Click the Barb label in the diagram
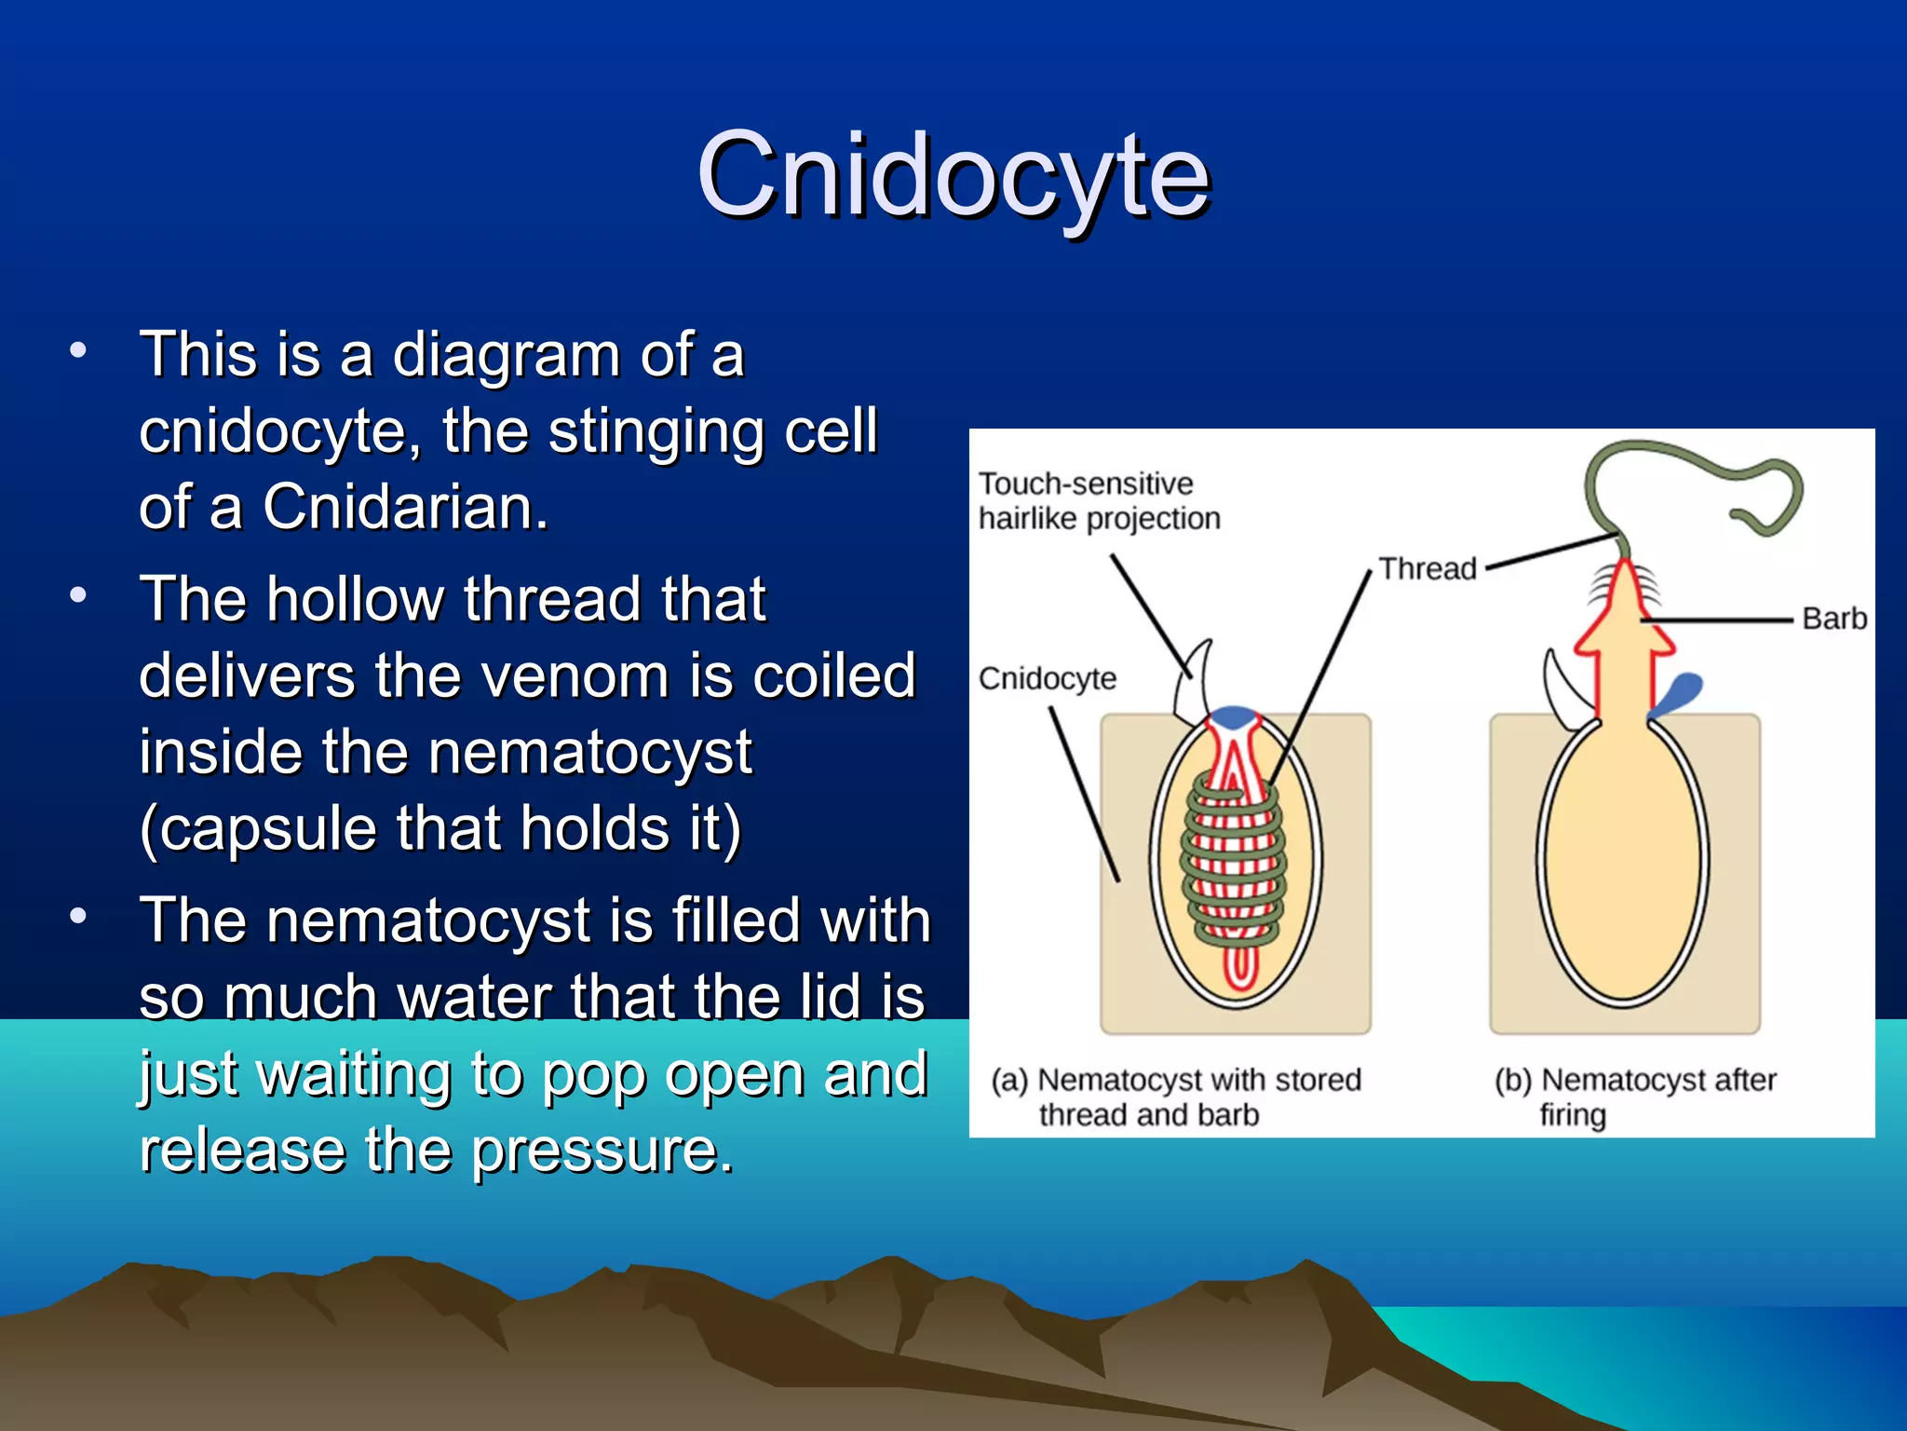tap(1833, 619)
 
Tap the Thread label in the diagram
tap(1427, 568)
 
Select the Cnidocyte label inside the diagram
tap(1047, 678)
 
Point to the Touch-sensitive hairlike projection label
tap(1098, 501)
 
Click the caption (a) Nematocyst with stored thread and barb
tap(1175, 1097)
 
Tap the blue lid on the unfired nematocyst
tap(1232, 716)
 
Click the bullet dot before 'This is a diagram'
tap(78, 351)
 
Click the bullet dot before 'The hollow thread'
tap(78, 594)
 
